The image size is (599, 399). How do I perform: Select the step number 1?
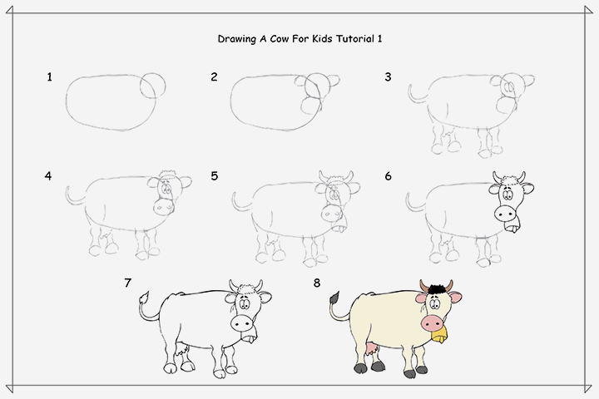pos(50,77)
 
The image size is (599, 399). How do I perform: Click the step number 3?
pos(388,77)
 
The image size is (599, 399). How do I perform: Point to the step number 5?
pos(215,176)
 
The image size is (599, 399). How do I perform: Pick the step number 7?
pos(127,283)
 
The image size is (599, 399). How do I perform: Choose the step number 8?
pos(317,283)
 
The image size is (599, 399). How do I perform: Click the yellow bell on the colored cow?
pos(438,337)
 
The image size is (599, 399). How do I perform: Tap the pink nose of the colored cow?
pos(432,323)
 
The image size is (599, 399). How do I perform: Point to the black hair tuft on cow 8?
pos(433,288)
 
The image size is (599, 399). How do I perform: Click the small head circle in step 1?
pos(152,85)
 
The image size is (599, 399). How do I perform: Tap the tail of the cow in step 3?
pos(413,94)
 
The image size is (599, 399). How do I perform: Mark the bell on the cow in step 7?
pos(249,337)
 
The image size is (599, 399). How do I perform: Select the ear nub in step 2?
pos(334,81)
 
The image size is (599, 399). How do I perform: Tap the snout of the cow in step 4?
pos(164,205)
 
